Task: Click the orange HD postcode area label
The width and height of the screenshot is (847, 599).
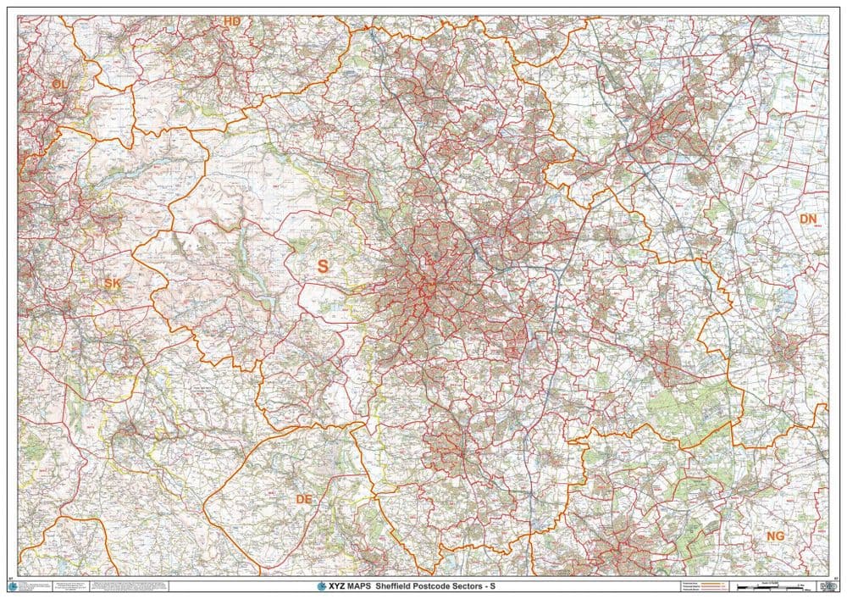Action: (231, 21)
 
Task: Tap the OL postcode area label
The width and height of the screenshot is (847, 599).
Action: (58, 84)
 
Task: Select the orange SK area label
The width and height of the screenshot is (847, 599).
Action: (112, 283)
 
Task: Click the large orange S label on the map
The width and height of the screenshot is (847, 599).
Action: (322, 266)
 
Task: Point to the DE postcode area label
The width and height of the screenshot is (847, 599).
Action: (304, 500)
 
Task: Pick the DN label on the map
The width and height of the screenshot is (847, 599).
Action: (809, 219)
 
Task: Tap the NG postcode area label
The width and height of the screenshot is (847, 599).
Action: (775, 536)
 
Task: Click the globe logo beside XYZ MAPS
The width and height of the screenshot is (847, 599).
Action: (321, 585)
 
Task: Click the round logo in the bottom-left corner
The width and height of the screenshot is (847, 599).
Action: (12, 586)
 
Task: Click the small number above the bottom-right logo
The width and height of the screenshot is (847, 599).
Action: (835, 579)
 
